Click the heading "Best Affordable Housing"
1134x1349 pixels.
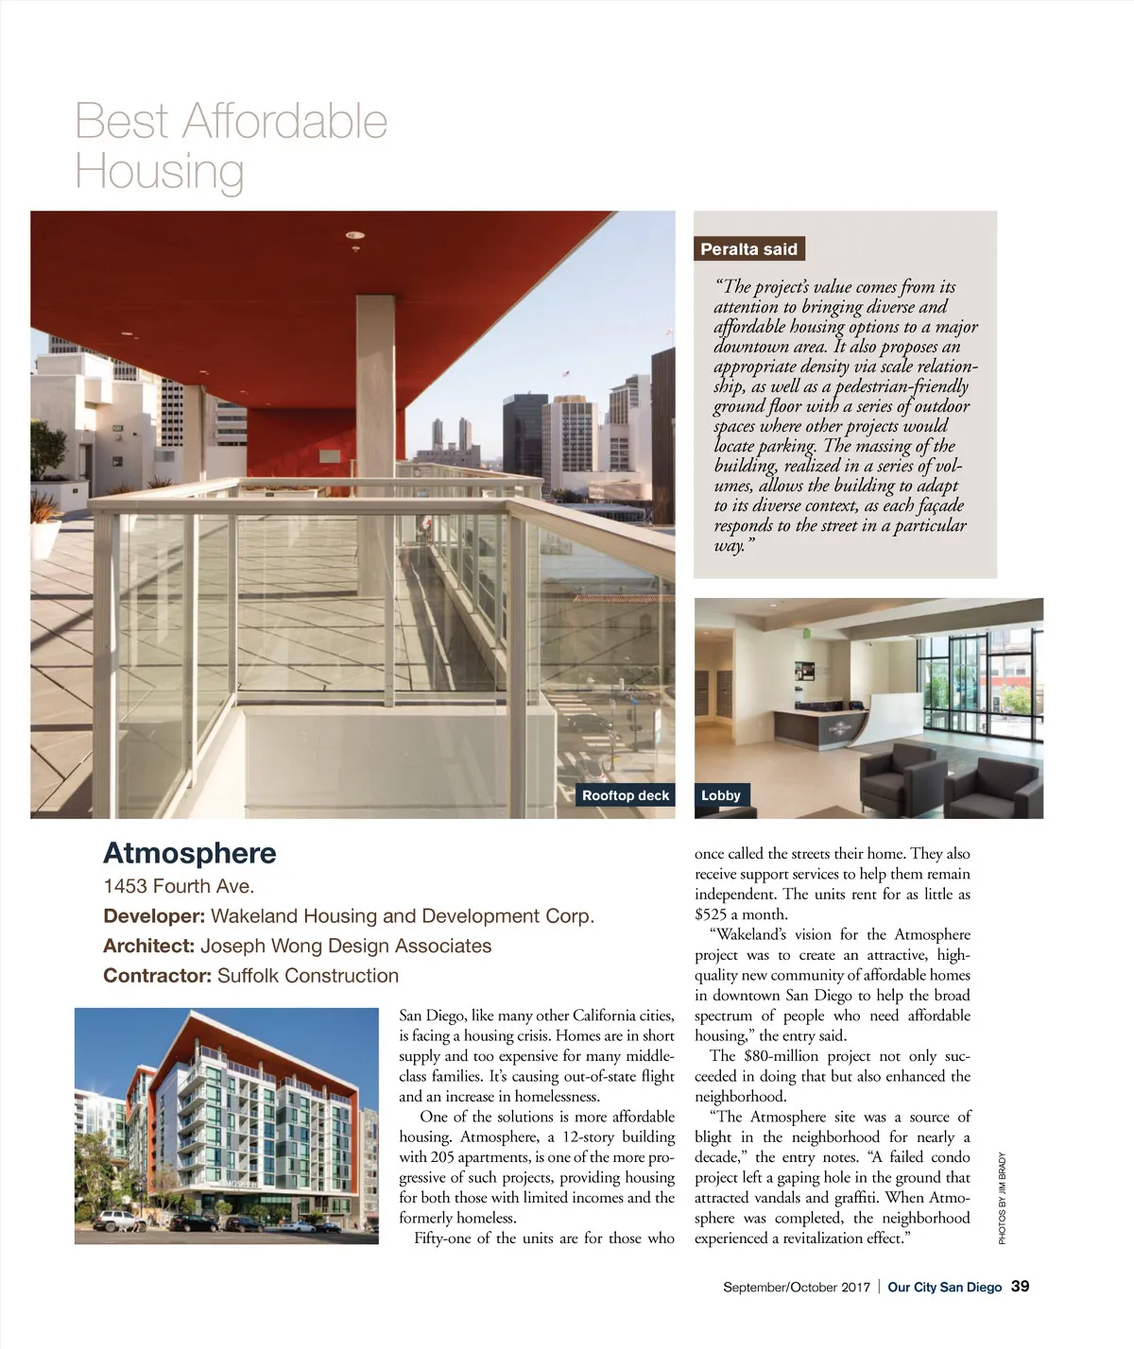click(x=231, y=145)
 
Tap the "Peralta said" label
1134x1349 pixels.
click(x=748, y=249)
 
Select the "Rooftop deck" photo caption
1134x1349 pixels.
click(x=625, y=795)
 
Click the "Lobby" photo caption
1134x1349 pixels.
click(x=720, y=795)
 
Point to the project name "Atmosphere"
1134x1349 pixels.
click(x=189, y=853)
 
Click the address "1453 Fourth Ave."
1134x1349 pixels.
click(x=179, y=886)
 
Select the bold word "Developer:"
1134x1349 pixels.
click(x=153, y=916)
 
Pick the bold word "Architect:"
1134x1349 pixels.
click(x=148, y=946)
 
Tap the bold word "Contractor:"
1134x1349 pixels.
click(x=157, y=976)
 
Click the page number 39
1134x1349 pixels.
click(x=1020, y=1287)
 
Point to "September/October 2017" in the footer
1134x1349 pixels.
click(x=796, y=1288)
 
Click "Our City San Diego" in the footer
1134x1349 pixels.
click(x=944, y=1288)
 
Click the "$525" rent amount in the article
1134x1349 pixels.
click(x=711, y=914)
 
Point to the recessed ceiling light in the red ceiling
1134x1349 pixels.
click(x=355, y=234)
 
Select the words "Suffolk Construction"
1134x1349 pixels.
click(x=308, y=976)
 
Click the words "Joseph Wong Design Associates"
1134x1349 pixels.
click(x=346, y=946)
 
